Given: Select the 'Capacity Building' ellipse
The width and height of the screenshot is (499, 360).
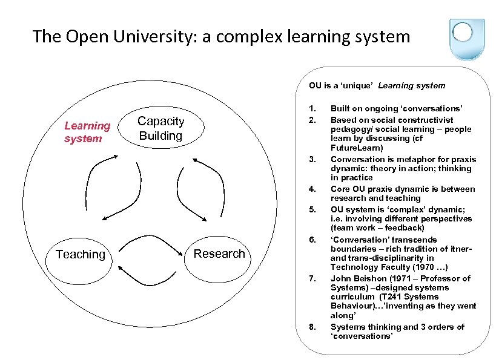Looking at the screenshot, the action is [160, 128].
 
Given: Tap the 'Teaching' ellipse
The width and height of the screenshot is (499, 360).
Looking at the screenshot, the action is [80, 255].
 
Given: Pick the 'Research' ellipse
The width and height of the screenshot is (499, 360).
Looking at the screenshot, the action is [219, 254].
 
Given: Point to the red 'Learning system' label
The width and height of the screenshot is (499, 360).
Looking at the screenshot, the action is [87, 132].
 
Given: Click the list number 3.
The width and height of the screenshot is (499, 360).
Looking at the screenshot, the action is [312, 160].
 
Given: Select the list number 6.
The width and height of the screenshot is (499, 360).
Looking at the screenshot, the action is [312, 240].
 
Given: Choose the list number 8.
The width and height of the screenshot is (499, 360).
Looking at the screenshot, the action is [312, 327].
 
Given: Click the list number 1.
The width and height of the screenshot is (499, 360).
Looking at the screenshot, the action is [312, 108].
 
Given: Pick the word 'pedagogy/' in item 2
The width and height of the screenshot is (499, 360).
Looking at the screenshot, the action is [352, 129].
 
